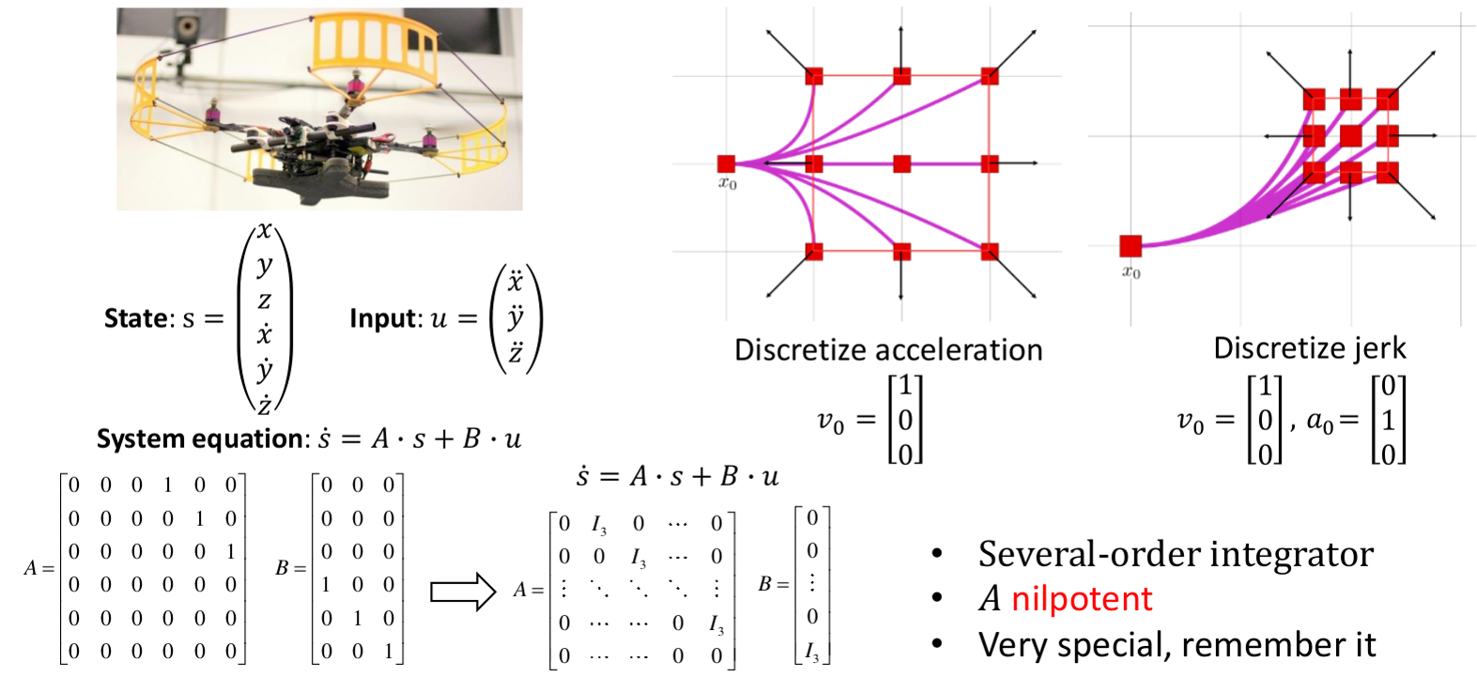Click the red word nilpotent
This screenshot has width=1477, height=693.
pyautogui.click(x=1081, y=598)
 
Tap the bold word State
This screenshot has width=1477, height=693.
pyautogui.click(x=135, y=318)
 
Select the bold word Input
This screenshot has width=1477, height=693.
pyautogui.click(x=385, y=318)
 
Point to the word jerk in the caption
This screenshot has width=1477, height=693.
pyautogui.click(x=1379, y=348)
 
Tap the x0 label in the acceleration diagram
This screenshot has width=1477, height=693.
pyautogui.click(x=728, y=184)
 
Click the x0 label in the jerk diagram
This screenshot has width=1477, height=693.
pyautogui.click(x=1131, y=272)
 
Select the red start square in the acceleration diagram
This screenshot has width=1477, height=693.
pyautogui.click(x=726, y=163)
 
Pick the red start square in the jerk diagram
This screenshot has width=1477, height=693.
pyautogui.click(x=1131, y=246)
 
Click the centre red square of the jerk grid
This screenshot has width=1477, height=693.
pyautogui.click(x=1350, y=136)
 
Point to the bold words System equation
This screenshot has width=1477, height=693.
pyautogui.click(x=200, y=439)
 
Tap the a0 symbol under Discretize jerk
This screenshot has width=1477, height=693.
pyautogui.click(x=1319, y=422)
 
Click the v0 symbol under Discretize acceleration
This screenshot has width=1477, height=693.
pyautogui.click(x=830, y=423)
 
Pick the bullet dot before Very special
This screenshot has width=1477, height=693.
pyautogui.click(x=937, y=644)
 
